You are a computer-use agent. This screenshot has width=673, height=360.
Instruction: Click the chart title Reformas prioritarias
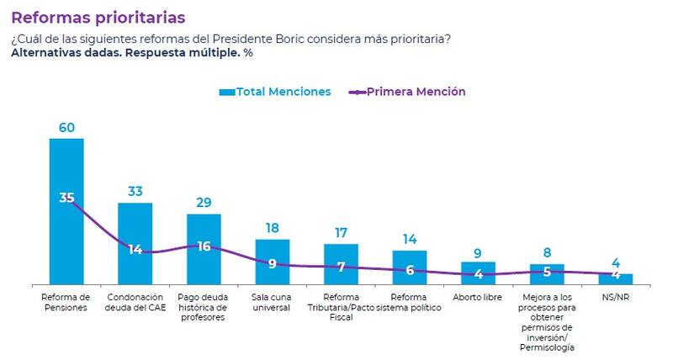click(98, 17)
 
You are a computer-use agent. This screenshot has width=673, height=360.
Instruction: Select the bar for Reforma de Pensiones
click(66, 236)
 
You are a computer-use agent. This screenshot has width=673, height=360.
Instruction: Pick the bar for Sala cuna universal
click(272, 273)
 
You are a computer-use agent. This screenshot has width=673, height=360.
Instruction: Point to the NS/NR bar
click(615, 280)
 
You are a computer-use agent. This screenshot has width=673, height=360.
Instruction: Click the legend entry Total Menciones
click(274, 92)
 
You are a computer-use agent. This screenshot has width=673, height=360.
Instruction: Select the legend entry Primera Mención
click(407, 92)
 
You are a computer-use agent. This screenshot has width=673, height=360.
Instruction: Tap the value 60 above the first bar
click(66, 128)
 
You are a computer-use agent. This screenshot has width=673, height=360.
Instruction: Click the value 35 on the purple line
click(67, 198)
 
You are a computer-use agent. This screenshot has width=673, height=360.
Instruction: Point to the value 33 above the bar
click(135, 192)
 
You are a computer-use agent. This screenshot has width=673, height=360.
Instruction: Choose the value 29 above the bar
click(204, 204)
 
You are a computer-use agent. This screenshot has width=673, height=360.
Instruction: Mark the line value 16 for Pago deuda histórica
click(204, 246)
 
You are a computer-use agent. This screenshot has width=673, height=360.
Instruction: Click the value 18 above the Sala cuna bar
click(272, 229)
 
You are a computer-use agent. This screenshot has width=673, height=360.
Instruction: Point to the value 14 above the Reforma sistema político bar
click(410, 240)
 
